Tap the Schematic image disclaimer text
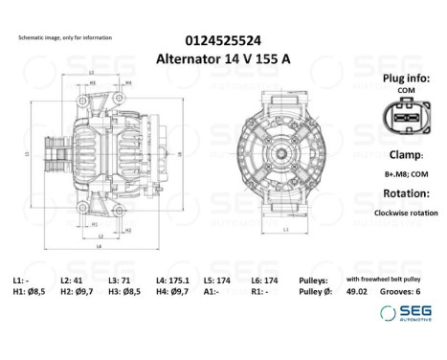click(x=65, y=37)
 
